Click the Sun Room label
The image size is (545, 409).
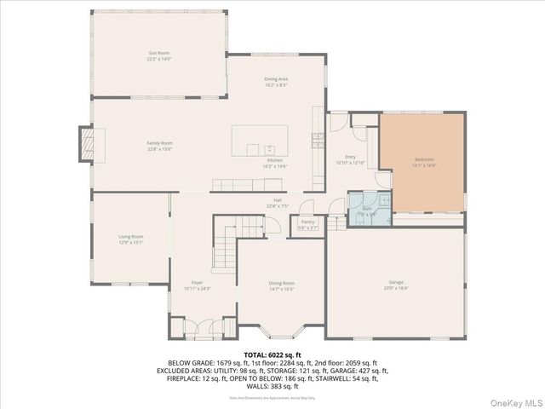click(159, 53)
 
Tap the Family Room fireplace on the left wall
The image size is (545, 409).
click(85, 144)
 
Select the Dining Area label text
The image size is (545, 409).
click(275, 79)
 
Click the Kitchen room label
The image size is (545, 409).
click(275, 160)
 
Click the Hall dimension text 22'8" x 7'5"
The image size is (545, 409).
click(278, 205)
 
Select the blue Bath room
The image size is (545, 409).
click(369, 210)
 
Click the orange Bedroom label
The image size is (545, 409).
click(424, 160)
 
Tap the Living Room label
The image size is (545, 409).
click(130, 236)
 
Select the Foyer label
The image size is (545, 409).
click(197, 282)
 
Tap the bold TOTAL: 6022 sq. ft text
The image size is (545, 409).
click(272, 354)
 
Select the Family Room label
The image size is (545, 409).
click(159, 143)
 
